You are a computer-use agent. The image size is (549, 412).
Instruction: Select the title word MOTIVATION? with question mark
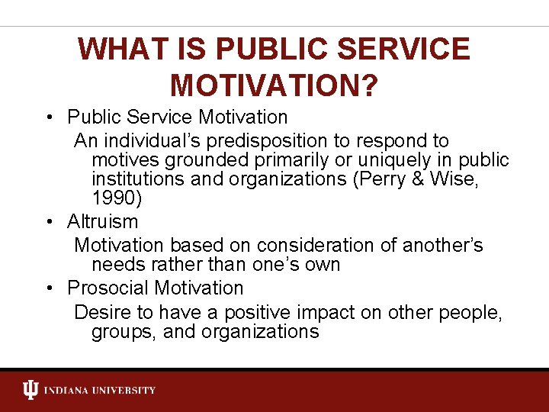tap(274, 85)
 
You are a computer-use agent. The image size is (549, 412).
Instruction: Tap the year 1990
tap(114, 198)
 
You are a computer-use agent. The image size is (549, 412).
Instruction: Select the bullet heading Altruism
tap(102, 222)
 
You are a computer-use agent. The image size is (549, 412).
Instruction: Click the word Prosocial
tap(108, 288)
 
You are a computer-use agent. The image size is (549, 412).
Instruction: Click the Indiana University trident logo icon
tap(30, 391)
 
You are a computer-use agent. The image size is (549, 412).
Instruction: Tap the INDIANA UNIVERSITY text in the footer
tap(100, 391)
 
